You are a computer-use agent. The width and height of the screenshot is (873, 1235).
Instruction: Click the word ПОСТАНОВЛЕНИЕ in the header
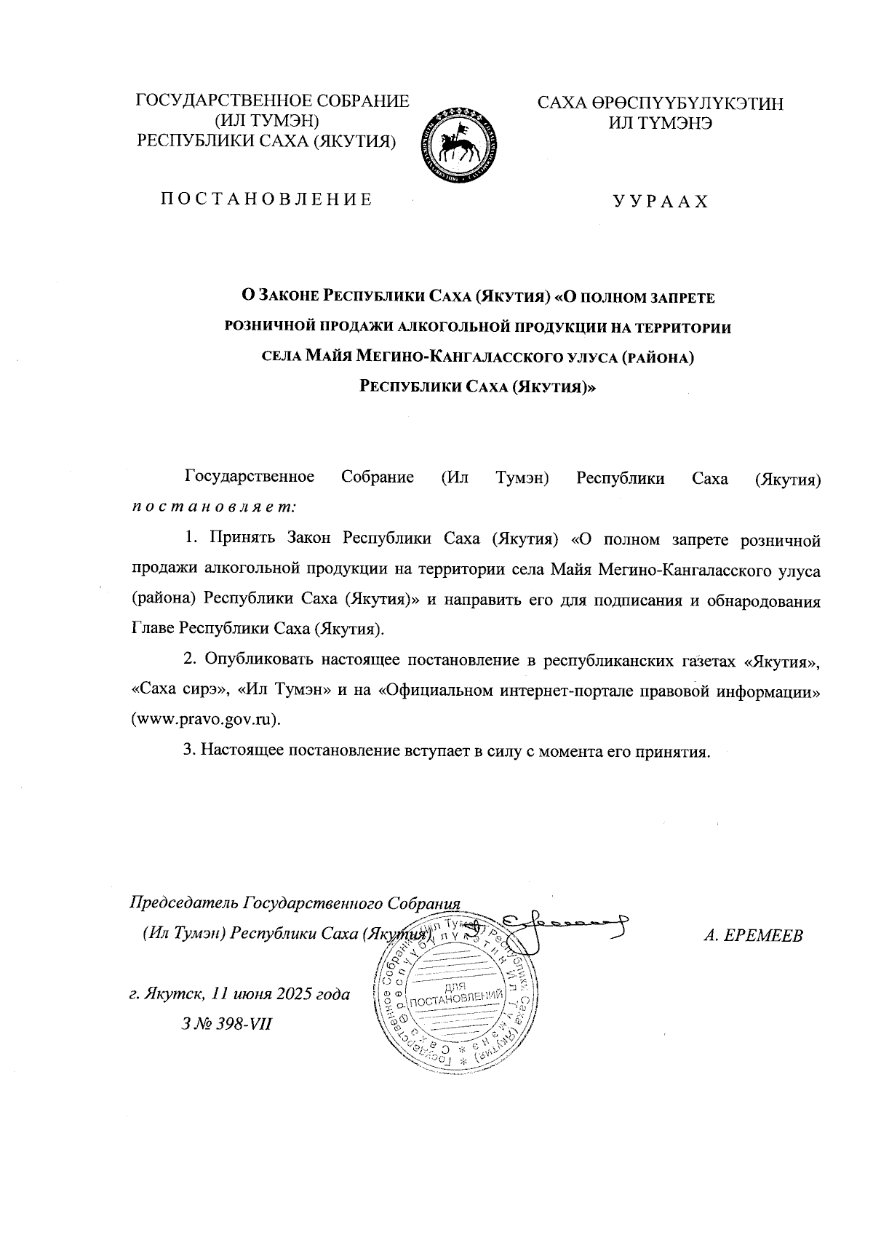(266, 199)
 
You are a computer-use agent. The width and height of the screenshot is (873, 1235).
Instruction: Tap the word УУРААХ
(660, 202)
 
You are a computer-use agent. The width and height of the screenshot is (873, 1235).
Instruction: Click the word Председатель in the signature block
(183, 903)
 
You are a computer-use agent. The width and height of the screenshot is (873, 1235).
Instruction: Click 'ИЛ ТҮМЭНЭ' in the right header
(660, 123)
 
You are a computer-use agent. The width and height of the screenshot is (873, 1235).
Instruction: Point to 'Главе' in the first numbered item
(153, 628)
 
